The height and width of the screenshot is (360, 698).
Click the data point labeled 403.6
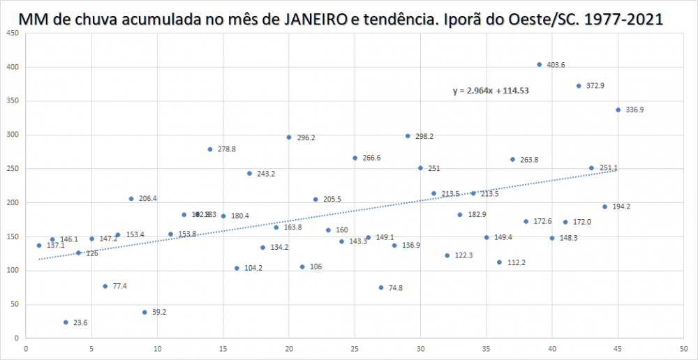click(x=539, y=64)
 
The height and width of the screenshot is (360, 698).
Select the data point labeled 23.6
click(x=66, y=322)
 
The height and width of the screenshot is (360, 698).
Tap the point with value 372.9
click(x=579, y=86)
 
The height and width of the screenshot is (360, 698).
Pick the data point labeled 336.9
click(x=618, y=110)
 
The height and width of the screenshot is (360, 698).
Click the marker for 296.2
click(x=288, y=137)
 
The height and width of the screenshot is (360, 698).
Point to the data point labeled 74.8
click(x=381, y=287)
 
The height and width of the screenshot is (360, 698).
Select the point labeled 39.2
click(x=144, y=312)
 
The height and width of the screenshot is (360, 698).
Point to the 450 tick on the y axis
click(x=13, y=33)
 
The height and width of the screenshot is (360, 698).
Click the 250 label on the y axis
click(x=13, y=169)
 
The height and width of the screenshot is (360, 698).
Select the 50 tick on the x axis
click(x=683, y=350)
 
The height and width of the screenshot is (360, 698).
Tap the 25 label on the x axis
click(x=355, y=350)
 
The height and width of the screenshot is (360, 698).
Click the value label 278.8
click(x=227, y=149)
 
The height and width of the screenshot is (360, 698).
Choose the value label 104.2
click(x=253, y=269)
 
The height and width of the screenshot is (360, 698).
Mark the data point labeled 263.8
click(x=512, y=159)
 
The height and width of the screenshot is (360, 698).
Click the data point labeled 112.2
click(x=499, y=262)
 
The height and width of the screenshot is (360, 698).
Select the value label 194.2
click(x=621, y=207)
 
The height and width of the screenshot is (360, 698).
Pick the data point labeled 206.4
click(x=131, y=199)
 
